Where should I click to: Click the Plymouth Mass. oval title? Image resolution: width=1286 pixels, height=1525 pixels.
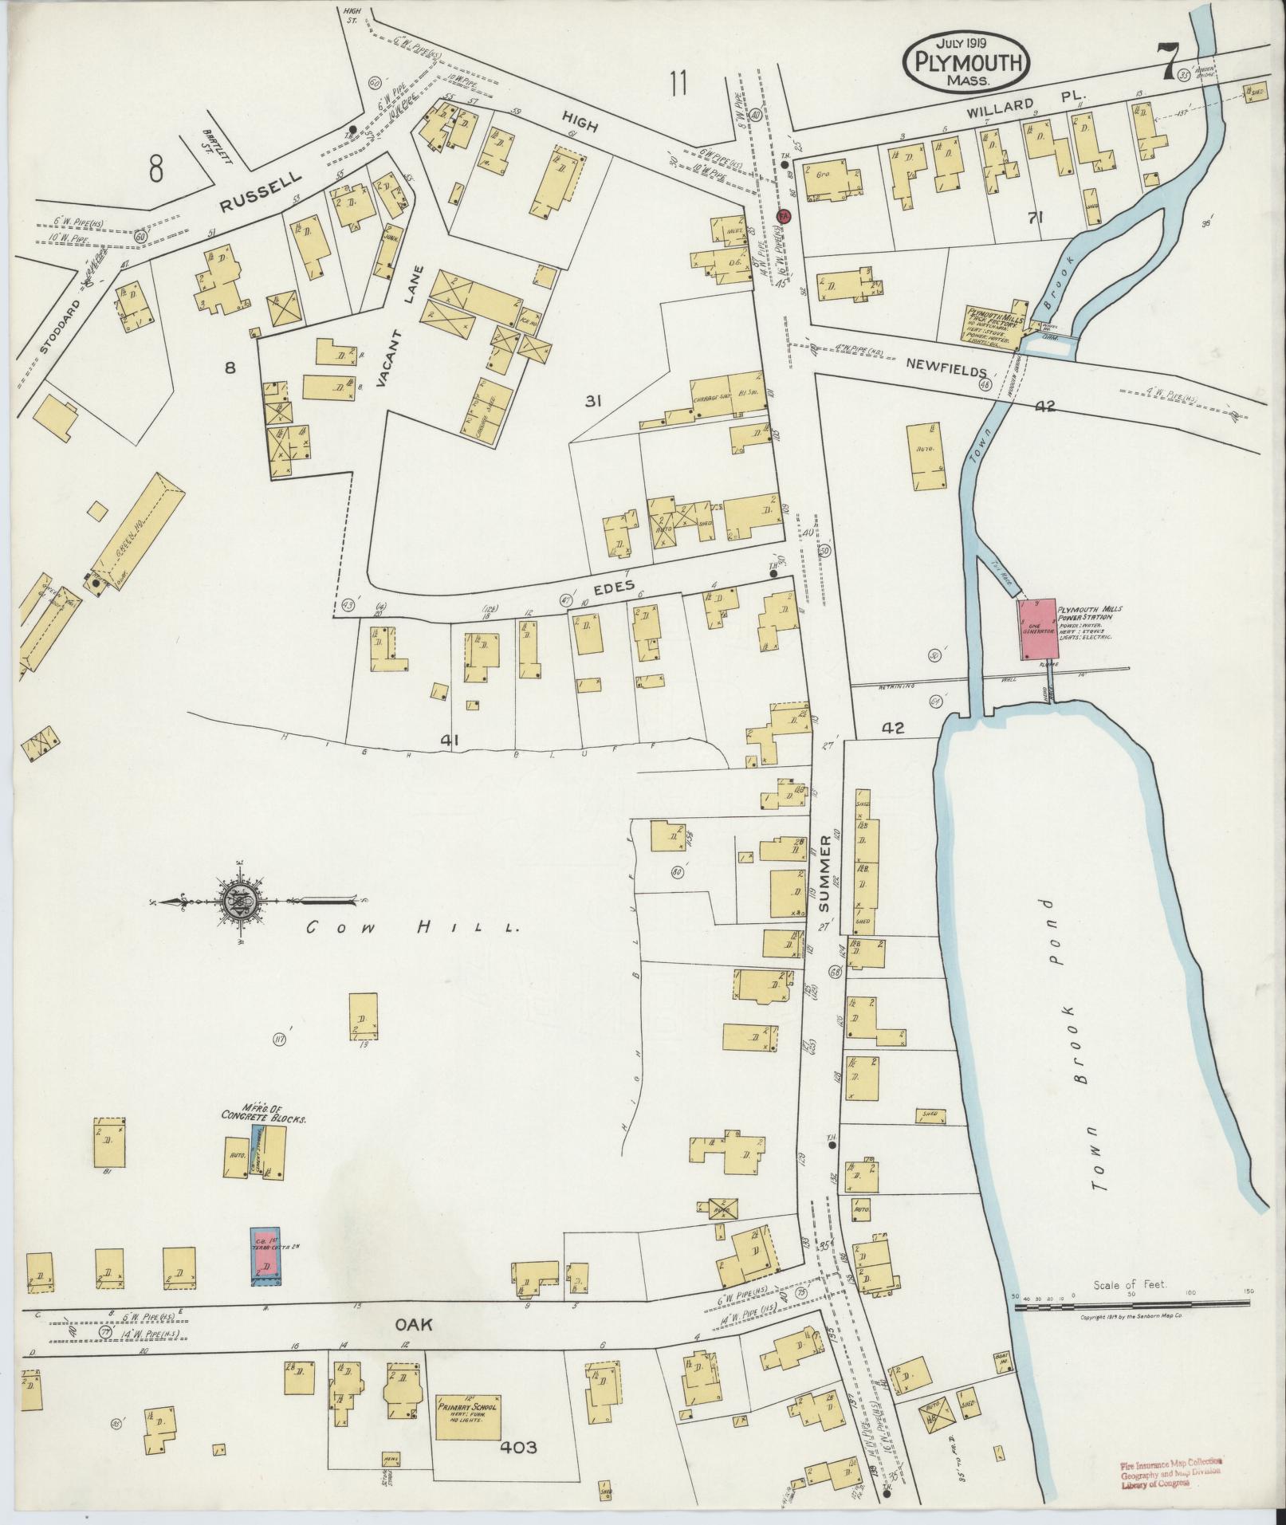click(965, 62)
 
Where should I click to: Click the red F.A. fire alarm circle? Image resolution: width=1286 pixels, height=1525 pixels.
click(784, 216)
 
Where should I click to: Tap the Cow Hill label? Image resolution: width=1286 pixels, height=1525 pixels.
click(414, 927)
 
